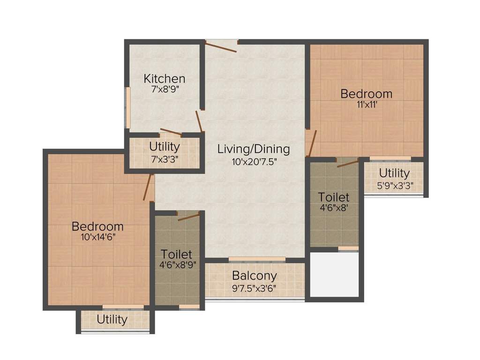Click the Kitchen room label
[164, 78]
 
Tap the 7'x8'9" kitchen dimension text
[164, 89]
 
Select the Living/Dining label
[254, 149]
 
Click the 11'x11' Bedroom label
[366, 94]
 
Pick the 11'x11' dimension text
[366, 105]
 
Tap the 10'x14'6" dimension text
[97, 237]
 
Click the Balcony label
[255, 275]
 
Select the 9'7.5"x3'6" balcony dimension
[255, 287]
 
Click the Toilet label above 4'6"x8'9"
[176, 254]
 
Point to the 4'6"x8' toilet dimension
[334, 207]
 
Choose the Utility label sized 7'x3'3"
[164, 146]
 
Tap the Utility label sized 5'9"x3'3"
[394, 173]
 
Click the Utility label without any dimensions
[112, 320]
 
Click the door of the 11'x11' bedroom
[311, 143]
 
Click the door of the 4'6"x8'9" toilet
[188, 215]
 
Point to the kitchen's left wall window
[127, 107]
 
